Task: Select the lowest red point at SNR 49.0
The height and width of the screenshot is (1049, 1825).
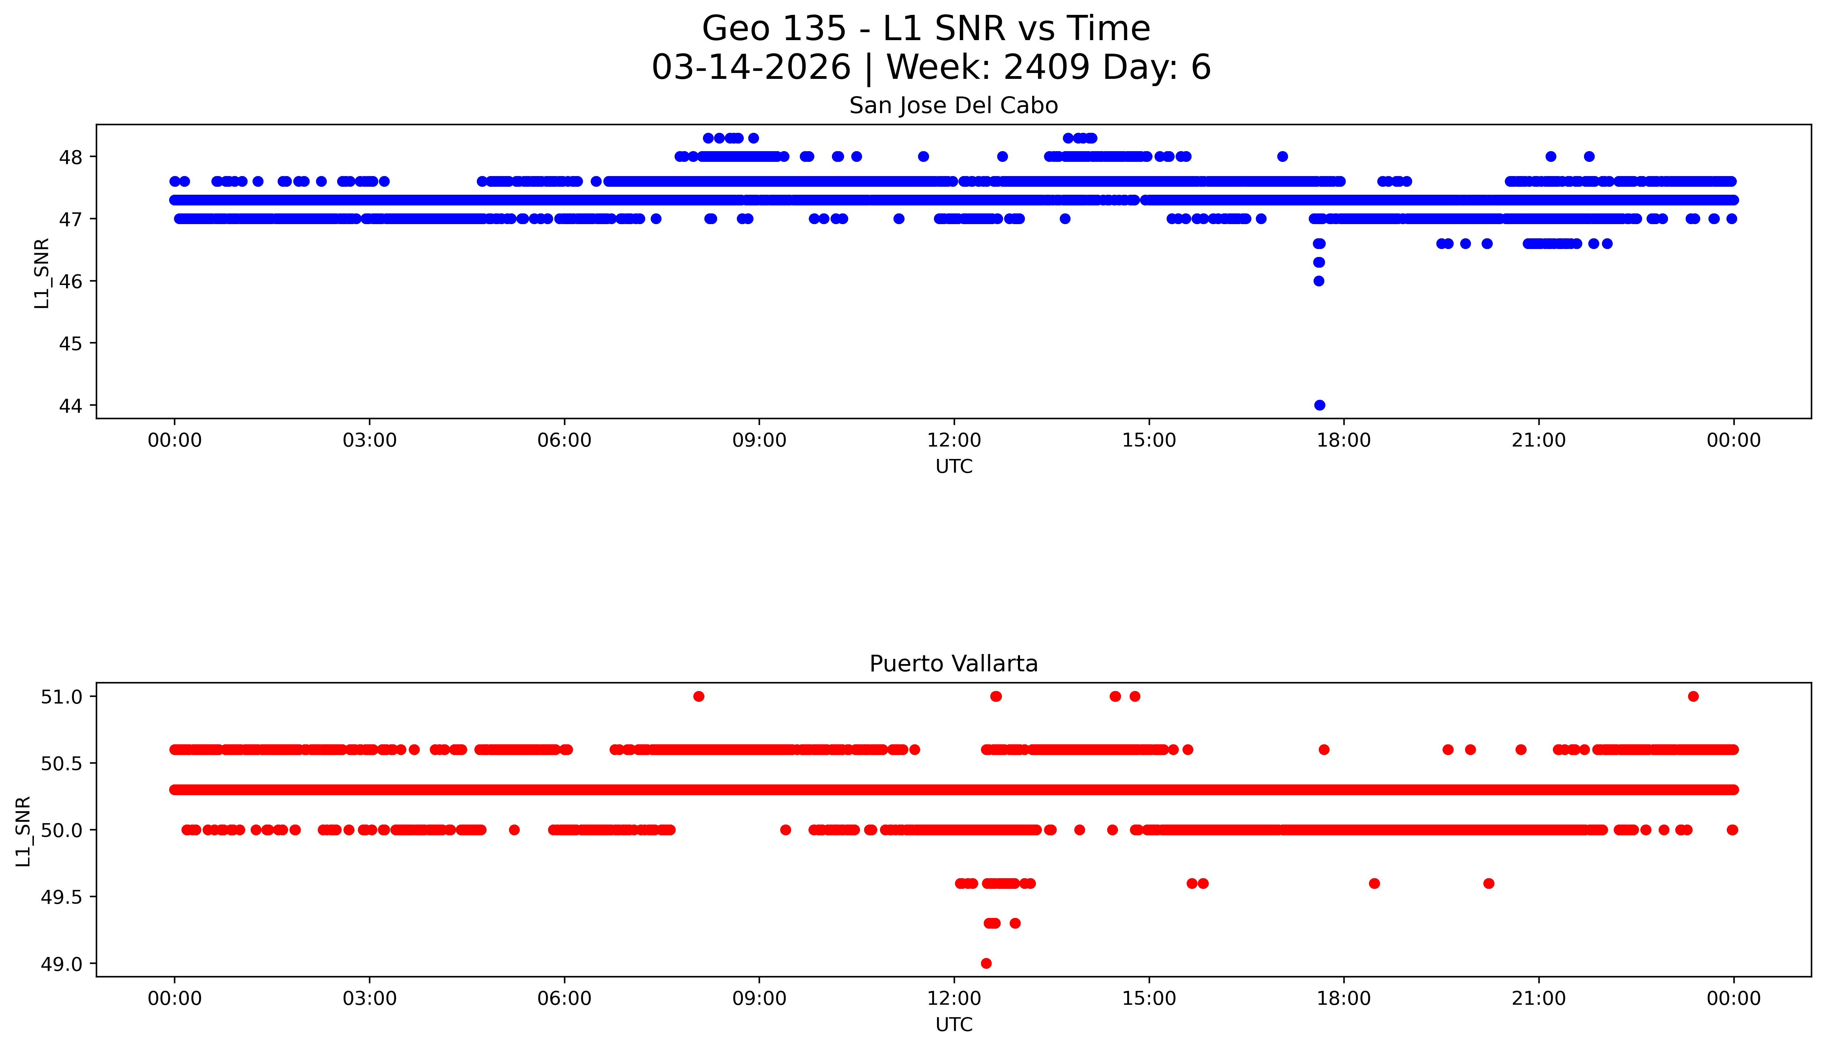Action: (x=986, y=963)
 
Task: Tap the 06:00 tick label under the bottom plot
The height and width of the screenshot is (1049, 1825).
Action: (x=564, y=999)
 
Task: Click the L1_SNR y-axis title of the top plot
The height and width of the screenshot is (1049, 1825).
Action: (x=42, y=273)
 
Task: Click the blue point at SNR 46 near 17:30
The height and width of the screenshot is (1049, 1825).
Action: (x=1319, y=281)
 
